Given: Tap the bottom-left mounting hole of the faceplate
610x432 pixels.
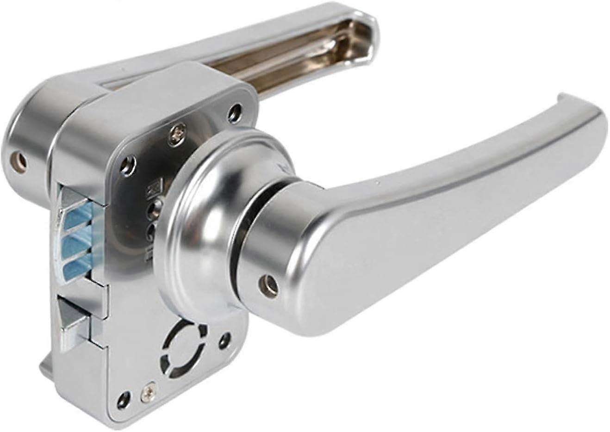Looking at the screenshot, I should click(123, 398).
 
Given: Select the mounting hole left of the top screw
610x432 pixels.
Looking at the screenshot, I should click(129, 163).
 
